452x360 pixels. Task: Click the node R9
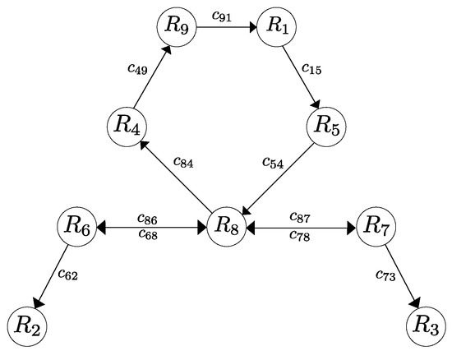coord(179,26)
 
